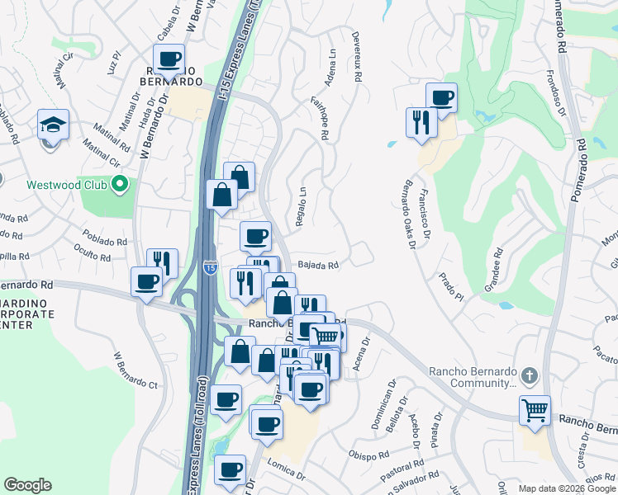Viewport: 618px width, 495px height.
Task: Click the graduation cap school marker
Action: pos(53,125)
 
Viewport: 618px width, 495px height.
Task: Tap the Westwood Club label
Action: pos(67,184)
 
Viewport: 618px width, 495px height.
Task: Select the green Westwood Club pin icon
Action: pos(120,184)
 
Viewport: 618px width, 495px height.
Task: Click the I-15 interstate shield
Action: pos(211,267)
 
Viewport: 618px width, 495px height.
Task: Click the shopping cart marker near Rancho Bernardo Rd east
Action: pos(535,408)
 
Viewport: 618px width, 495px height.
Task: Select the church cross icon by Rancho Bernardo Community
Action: pos(530,376)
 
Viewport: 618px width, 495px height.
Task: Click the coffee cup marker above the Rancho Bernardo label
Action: pos(169,59)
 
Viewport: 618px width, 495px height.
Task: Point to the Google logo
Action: pos(27,485)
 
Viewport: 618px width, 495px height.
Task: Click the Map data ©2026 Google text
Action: pos(566,488)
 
